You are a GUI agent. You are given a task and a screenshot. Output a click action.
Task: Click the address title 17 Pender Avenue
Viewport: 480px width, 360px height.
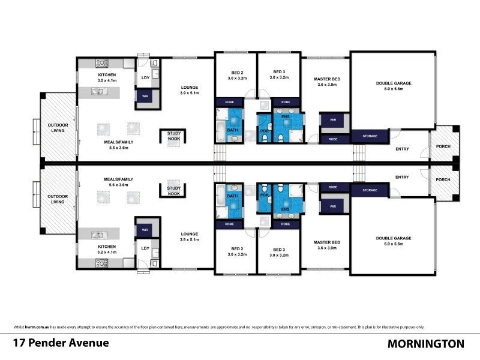(61, 344)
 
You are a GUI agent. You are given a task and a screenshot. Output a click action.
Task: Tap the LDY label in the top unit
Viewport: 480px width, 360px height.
(145, 77)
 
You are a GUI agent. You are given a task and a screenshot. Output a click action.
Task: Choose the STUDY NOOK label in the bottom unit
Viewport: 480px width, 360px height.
(174, 190)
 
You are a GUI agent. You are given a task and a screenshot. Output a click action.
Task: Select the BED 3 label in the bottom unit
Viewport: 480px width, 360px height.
(279, 250)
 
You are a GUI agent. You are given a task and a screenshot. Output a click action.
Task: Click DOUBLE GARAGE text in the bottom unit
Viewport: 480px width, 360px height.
(394, 238)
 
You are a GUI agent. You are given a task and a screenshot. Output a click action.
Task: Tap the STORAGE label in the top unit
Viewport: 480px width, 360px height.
(370, 136)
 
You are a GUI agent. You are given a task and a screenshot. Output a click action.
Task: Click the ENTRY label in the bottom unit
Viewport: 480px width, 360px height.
(402, 177)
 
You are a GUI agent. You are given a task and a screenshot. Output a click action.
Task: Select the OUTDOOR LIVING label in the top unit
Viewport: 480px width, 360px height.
(58, 128)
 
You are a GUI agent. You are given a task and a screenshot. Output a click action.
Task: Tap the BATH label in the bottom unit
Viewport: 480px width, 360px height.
(233, 196)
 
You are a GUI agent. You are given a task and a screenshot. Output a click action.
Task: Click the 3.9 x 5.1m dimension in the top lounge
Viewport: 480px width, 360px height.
(189, 94)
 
